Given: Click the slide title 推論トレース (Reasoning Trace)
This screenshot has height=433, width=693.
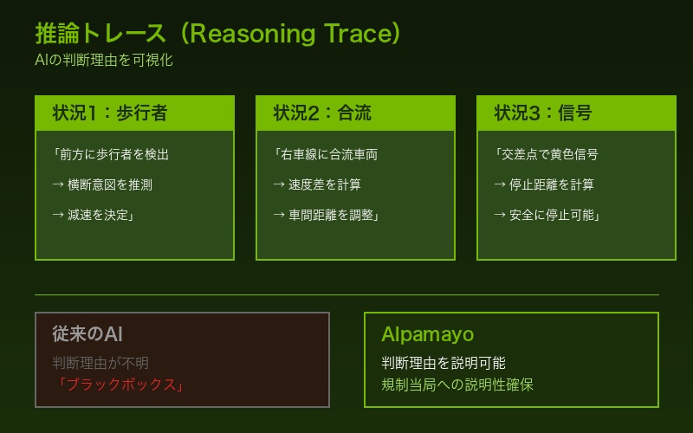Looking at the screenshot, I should [218, 34].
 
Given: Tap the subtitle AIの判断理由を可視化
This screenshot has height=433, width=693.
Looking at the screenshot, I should [104, 61].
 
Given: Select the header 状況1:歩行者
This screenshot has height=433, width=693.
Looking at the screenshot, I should [110, 113].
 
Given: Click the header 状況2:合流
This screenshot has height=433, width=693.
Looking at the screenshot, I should [322, 113].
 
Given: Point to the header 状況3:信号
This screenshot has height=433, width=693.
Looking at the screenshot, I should [543, 113].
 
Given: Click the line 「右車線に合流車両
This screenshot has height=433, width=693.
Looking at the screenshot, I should [325, 155].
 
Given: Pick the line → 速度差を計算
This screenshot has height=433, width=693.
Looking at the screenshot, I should [317, 184].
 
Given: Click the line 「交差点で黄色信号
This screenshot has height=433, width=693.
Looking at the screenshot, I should [546, 155].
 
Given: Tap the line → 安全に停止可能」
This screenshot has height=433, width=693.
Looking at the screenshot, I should [547, 215].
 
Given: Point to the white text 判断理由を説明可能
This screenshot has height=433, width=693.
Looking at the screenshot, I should [444, 363].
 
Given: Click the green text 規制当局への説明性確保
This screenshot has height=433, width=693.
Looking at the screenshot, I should [457, 385].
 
